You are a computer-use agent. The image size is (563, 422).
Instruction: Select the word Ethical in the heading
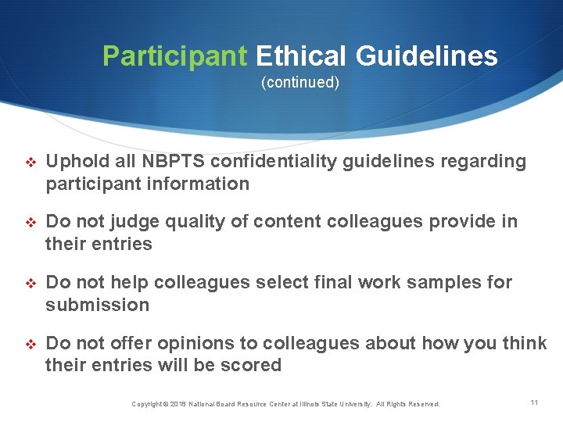point(302,56)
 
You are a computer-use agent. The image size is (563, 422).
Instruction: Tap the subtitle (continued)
point(300,82)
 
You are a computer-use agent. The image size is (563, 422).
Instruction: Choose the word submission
point(97,305)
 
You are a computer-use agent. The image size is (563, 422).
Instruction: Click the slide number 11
point(534,402)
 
